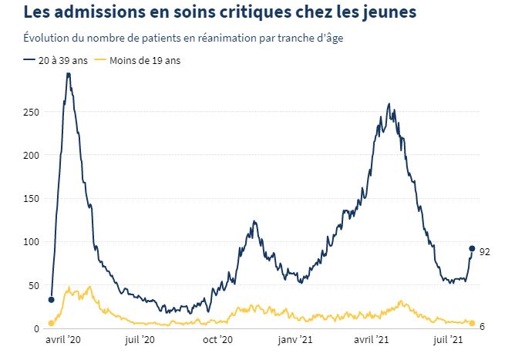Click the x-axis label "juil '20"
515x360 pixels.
click(140, 340)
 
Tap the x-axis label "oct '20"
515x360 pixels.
click(218, 340)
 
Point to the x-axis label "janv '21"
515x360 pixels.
click(295, 340)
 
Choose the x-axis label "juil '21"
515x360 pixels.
click(449, 340)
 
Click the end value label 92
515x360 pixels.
click(485, 252)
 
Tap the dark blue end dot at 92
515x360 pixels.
click(472, 248)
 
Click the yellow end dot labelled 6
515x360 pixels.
click(472, 323)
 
